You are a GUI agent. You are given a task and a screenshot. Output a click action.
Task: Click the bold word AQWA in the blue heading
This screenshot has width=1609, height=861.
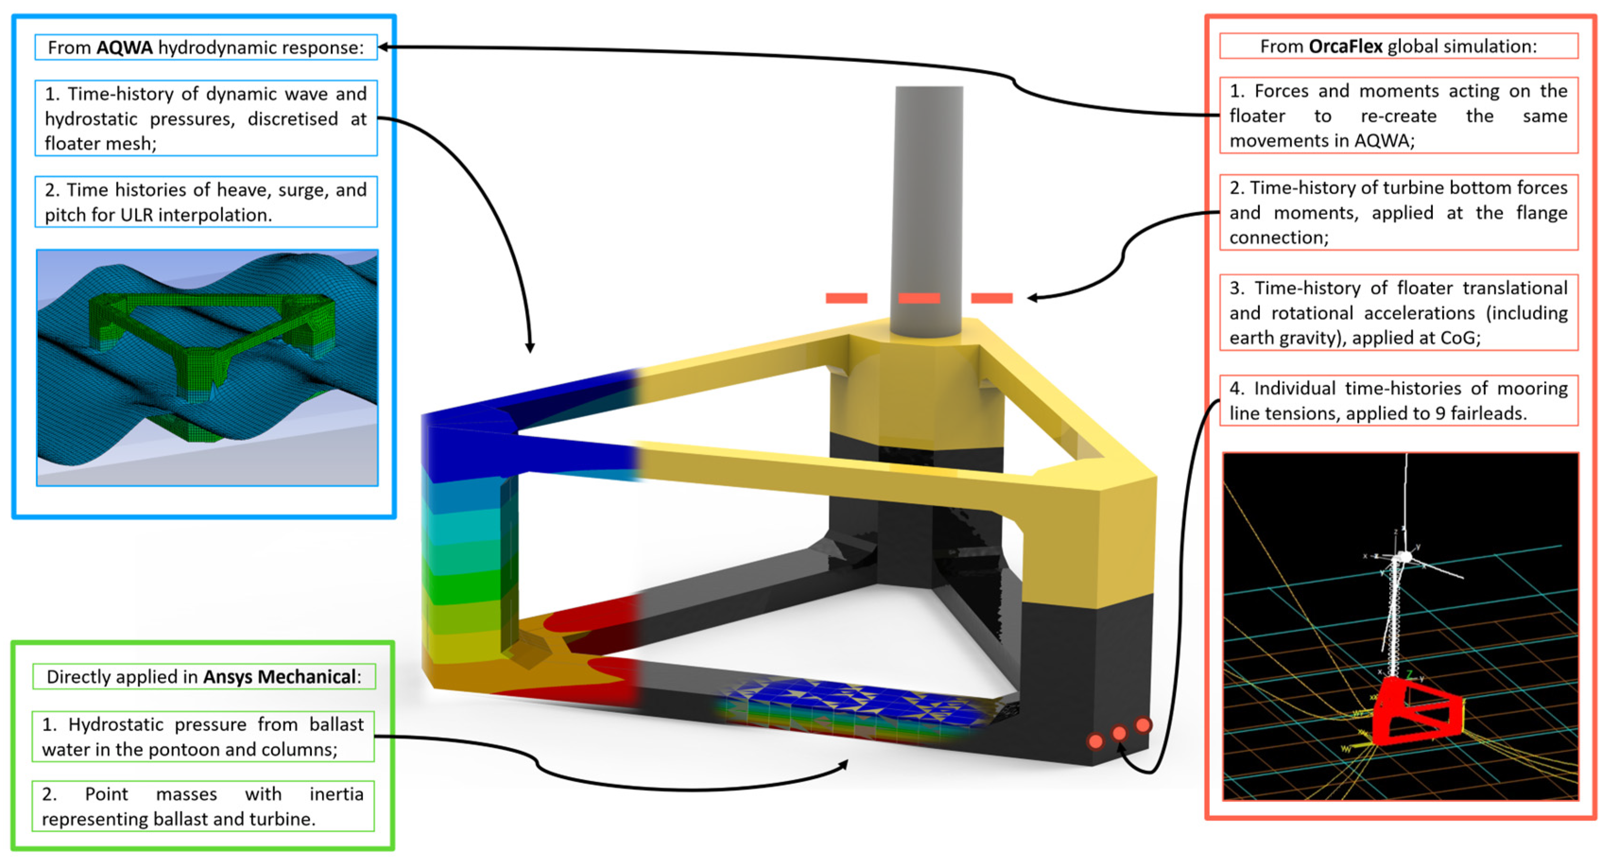[124, 47]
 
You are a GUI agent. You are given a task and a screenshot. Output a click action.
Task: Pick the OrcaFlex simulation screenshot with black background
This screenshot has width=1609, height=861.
[1400, 627]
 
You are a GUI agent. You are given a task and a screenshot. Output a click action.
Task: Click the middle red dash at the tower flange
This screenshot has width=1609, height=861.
[919, 298]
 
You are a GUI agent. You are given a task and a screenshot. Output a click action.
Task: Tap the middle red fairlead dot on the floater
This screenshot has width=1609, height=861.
[1119, 732]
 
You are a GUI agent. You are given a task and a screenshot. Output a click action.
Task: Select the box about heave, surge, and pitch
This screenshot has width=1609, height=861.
[206, 202]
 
